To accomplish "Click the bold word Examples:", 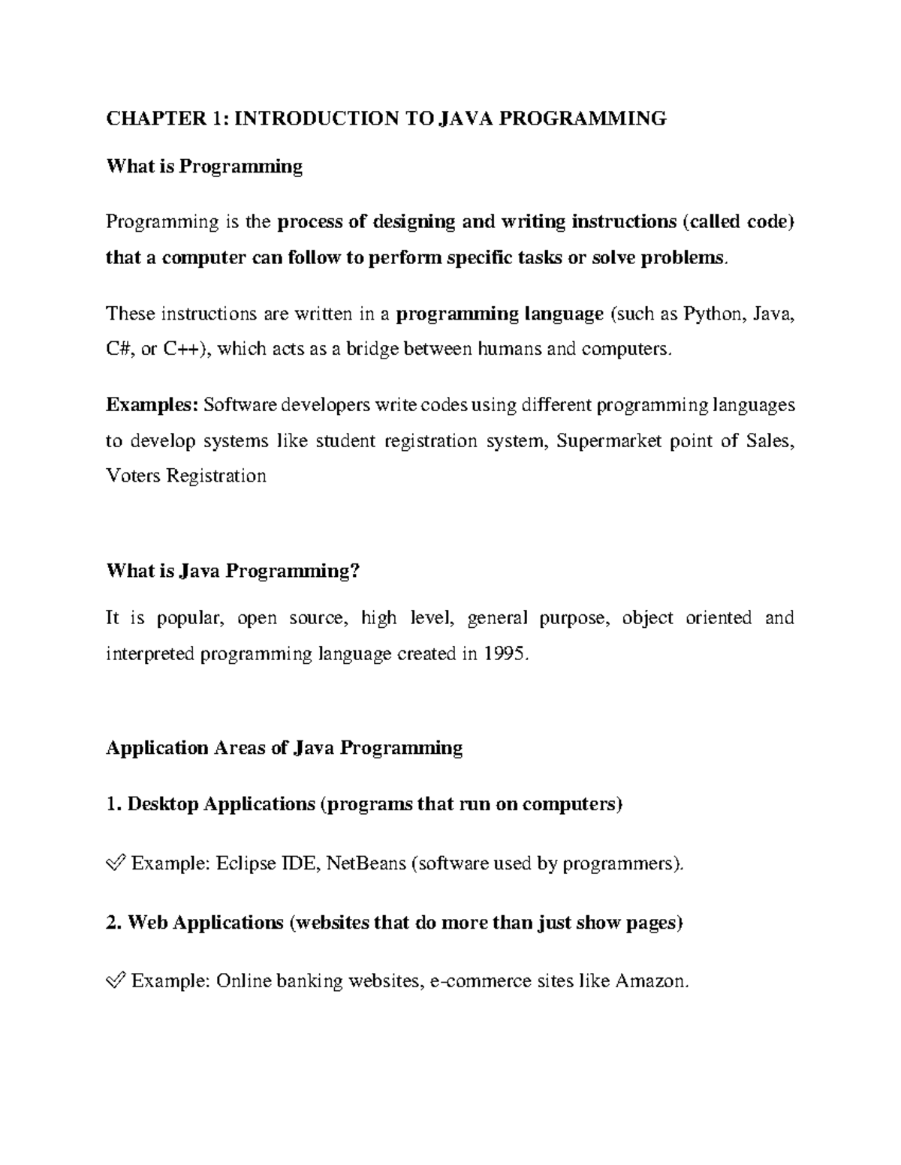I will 152,405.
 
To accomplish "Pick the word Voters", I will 133,476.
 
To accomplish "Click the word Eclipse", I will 246,863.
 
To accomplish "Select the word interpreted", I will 150,653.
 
